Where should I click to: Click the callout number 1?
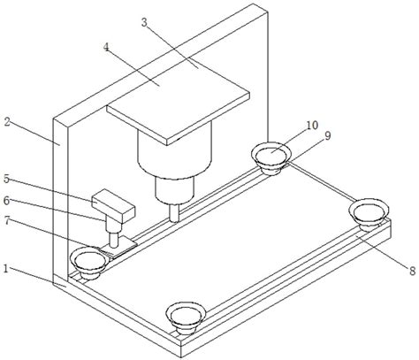5,268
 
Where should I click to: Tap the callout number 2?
7,122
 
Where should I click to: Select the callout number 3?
144,22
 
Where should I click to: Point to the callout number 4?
106,47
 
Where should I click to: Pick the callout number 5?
7,179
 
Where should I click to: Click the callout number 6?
6,201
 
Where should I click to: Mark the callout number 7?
7,221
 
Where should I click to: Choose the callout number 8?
412,271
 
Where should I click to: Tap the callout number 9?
327,135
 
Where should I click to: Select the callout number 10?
312,126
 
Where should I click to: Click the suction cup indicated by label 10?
271,158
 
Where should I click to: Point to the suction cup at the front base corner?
186,319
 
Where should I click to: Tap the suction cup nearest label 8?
369,214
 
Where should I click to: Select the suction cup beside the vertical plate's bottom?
88,263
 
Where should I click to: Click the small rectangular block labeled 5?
113,206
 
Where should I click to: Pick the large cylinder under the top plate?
175,150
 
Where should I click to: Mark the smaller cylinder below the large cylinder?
175,189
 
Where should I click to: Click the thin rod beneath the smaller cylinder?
174,212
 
